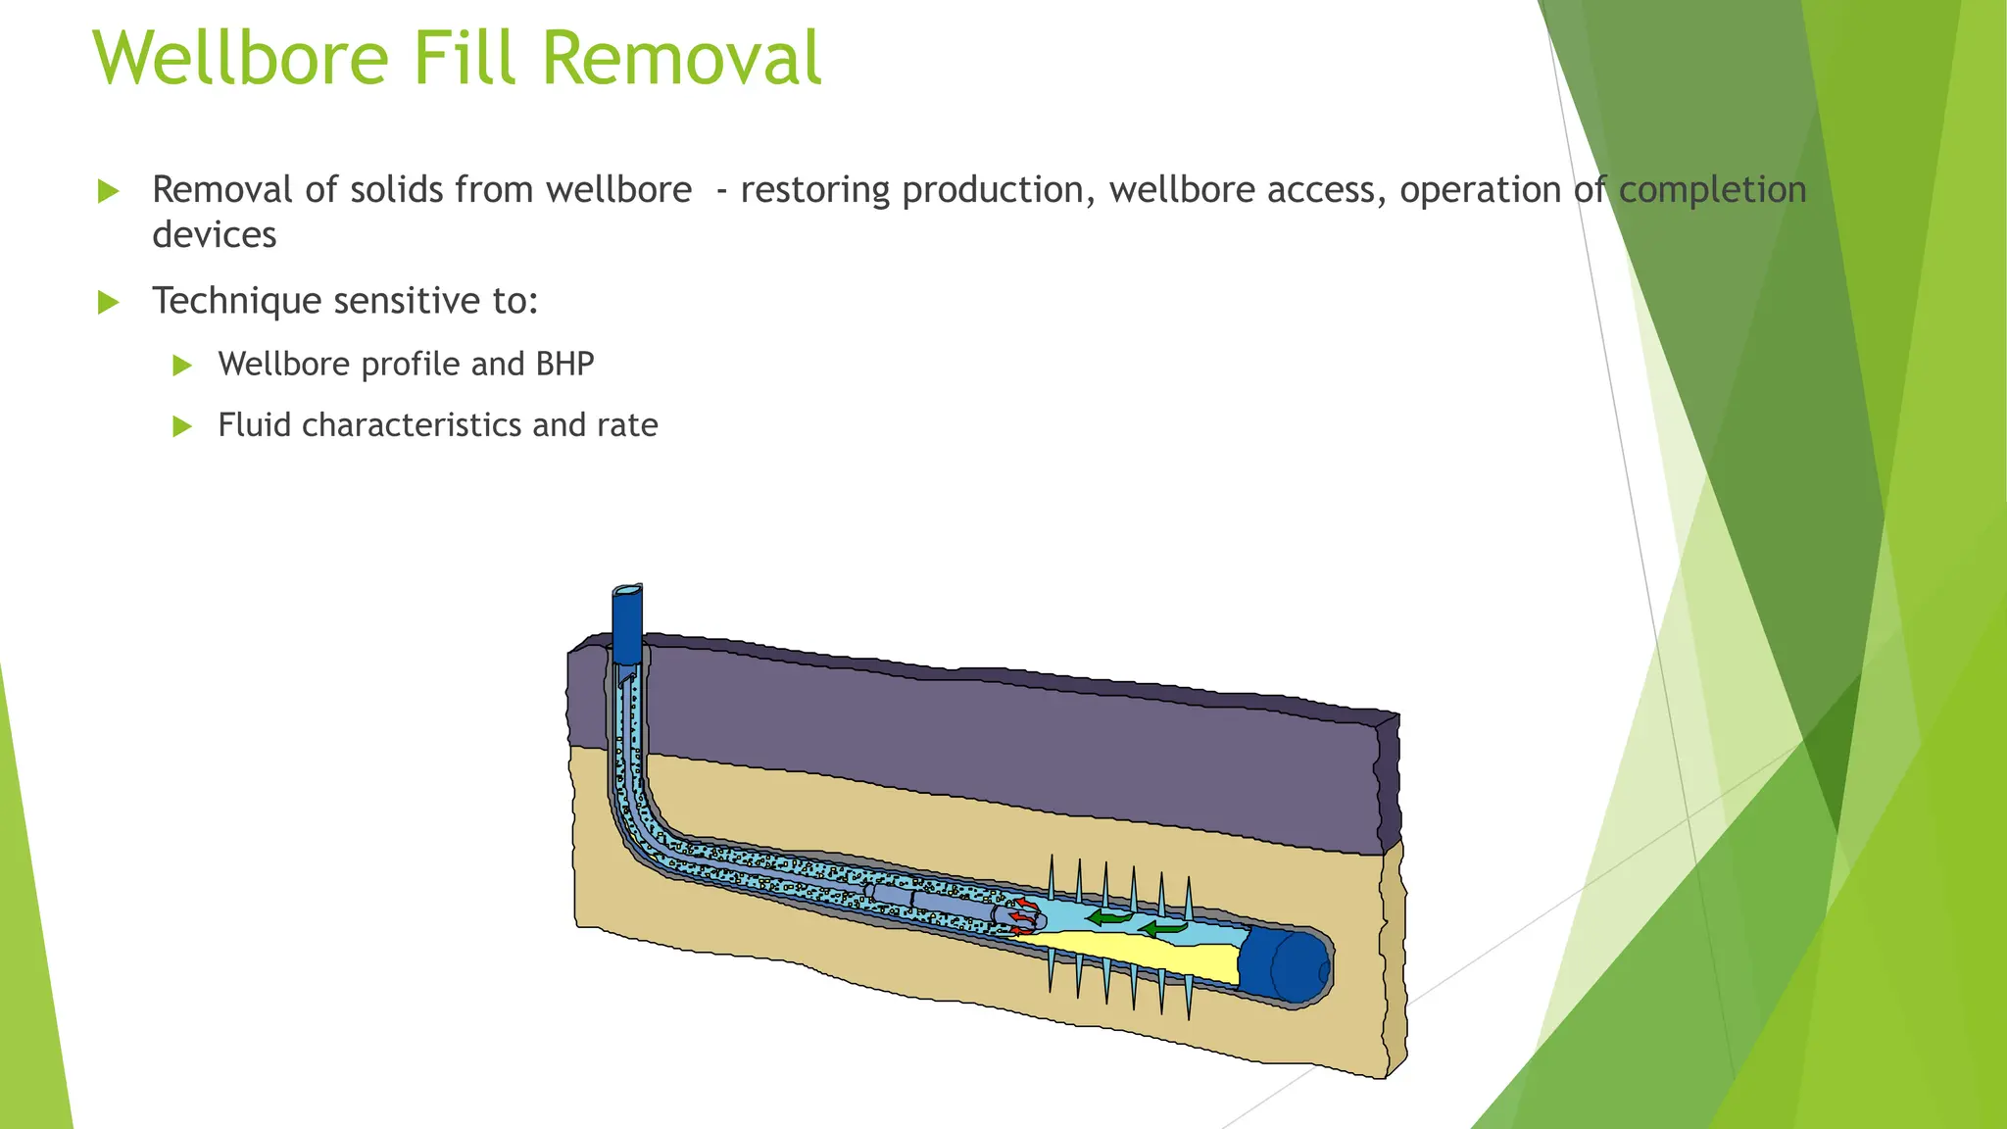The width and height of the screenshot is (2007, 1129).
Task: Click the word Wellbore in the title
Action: click(x=241, y=58)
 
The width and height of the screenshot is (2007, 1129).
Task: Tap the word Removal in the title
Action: click(x=681, y=58)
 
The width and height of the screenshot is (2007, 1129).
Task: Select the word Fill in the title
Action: click(x=465, y=58)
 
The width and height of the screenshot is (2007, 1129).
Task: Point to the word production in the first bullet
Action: click(x=998, y=190)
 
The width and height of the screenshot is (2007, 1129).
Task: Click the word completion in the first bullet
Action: click(x=1712, y=190)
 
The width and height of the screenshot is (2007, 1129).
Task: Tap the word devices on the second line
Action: click(x=214, y=235)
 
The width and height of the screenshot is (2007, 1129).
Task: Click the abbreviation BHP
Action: click(x=564, y=365)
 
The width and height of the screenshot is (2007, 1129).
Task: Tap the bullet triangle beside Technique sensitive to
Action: click(x=109, y=303)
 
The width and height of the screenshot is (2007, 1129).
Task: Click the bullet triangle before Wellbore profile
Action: click(x=182, y=367)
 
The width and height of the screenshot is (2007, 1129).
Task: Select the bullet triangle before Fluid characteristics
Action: click(x=182, y=426)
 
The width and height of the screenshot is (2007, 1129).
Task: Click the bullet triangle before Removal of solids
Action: click(x=109, y=191)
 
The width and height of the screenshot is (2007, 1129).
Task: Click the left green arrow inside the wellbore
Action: click(x=1109, y=918)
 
